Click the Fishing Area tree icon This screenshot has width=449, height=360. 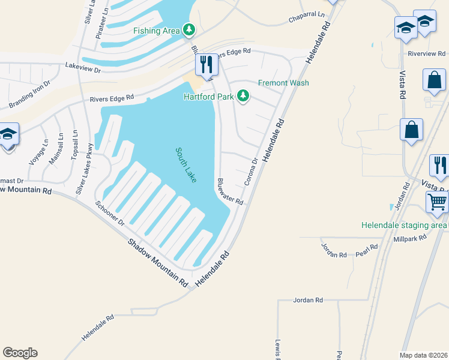(x=188, y=29)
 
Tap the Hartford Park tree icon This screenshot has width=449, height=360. (x=243, y=96)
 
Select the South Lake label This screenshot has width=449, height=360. (x=186, y=165)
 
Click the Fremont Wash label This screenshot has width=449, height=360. (x=283, y=83)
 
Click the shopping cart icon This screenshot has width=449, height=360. (x=437, y=203)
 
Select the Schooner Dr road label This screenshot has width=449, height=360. (x=109, y=214)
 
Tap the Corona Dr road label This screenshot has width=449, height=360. (x=251, y=171)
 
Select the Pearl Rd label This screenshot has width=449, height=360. (x=366, y=247)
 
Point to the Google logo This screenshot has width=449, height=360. (x=20, y=353)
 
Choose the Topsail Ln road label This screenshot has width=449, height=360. (x=75, y=145)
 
